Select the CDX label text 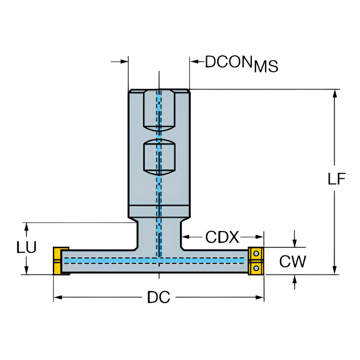[222, 237]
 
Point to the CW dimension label [293, 261]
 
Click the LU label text [26, 248]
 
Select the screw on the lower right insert [256, 267]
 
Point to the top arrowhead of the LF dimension [335, 93]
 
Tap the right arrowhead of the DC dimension [260, 297]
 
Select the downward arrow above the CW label [295, 243]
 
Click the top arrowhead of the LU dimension [26, 226]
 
